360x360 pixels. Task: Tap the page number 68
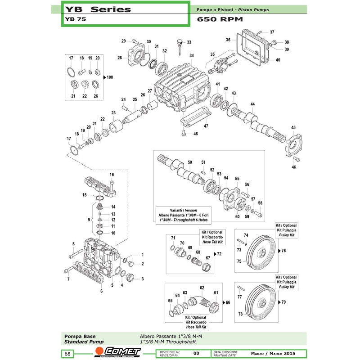(x=67, y=354)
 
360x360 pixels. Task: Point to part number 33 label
(x=189, y=42)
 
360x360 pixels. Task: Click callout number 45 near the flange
(x=293, y=128)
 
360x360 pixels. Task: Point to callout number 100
(x=110, y=77)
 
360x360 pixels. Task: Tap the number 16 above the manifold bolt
(x=112, y=175)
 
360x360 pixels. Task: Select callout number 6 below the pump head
(x=101, y=291)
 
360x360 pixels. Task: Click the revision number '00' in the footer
(x=196, y=354)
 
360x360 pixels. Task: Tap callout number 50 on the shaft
(x=190, y=162)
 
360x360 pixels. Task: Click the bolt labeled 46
(x=297, y=160)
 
